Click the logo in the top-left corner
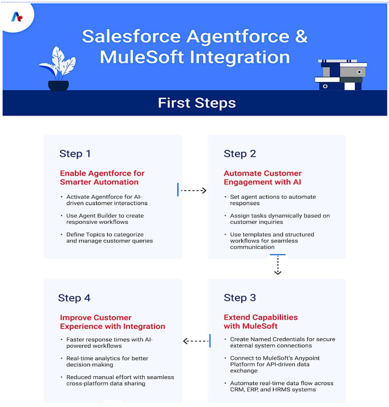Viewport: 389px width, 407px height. click(17, 17)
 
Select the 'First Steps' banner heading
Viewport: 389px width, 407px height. click(197, 103)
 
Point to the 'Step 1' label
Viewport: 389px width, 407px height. click(75, 154)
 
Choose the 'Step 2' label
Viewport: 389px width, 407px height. click(240, 154)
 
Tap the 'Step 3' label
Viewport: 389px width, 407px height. click(240, 298)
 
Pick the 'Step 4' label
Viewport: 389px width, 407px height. click(74, 298)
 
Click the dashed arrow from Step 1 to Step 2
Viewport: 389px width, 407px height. click(193, 190)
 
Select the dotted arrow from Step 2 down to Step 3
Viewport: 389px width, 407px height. click(278, 265)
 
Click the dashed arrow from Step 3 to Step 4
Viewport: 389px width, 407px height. click(196, 341)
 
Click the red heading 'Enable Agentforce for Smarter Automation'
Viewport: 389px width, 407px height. click(102, 177)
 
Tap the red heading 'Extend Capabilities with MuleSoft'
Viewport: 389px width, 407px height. click(261, 322)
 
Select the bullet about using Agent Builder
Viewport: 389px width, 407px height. click(105, 219)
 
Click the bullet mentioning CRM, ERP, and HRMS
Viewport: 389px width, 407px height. click(281, 386)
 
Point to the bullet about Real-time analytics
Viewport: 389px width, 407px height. click(107, 362)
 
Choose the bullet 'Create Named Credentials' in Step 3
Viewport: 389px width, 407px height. click(282, 342)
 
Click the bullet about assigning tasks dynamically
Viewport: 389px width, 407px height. click(280, 219)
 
